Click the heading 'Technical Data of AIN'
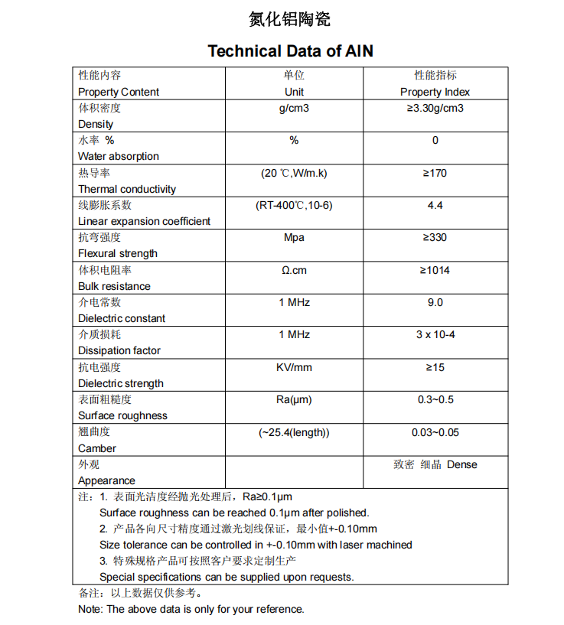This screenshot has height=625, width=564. [x=290, y=51]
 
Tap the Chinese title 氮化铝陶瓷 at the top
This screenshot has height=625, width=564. [x=290, y=19]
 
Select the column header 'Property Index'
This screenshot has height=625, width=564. [x=435, y=92]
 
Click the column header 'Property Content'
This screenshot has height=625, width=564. [x=119, y=92]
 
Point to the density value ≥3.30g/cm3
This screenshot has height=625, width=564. [x=435, y=109]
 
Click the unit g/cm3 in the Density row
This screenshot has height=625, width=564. [x=294, y=109]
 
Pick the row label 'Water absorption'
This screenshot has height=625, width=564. [x=119, y=156]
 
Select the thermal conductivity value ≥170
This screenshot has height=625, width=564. [x=435, y=174]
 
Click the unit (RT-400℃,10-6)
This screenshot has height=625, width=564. [x=294, y=206]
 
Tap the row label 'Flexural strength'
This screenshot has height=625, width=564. [x=118, y=253]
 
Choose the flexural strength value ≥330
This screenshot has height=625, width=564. [x=435, y=238]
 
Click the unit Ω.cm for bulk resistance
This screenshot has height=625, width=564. [x=294, y=270]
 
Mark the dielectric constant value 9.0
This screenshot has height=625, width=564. [x=435, y=303]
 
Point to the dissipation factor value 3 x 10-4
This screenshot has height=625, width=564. [x=435, y=335]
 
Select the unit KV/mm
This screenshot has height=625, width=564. [x=294, y=367]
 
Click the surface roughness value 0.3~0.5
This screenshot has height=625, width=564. [x=435, y=400]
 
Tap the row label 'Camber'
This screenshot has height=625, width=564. [x=97, y=448]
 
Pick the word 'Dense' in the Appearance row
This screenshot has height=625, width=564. [x=461, y=465]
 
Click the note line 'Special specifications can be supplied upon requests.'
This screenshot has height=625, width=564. [x=227, y=577]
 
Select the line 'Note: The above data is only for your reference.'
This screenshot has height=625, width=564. [x=191, y=609]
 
